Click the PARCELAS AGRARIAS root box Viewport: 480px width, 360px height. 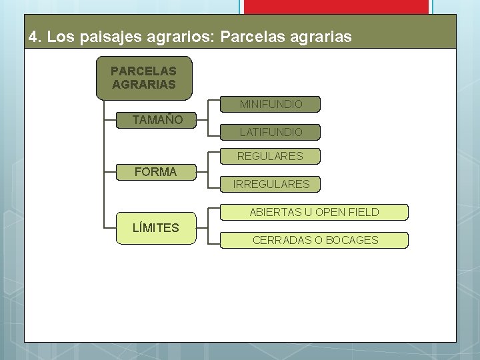click(x=144, y=77)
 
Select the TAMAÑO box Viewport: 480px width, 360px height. click(x=154, y=120)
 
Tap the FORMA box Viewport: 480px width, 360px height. click(x=155, y=171)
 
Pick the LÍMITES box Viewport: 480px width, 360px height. click(x=155, y=227)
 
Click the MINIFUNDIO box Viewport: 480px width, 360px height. click(x=271, y=104)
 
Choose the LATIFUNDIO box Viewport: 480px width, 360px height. click(x=271, y=132)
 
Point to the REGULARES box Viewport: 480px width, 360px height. click(x=271, y=156)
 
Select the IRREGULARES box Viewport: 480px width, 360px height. click(x=271, y=183)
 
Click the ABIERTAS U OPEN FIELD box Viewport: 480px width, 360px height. click(x=314, y=212)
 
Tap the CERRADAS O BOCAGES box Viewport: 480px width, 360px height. click(x=315, y=240)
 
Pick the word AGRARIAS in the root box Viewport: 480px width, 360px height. click(x=144, y=85)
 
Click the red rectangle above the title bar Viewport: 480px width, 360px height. click(x=335, y=7)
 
